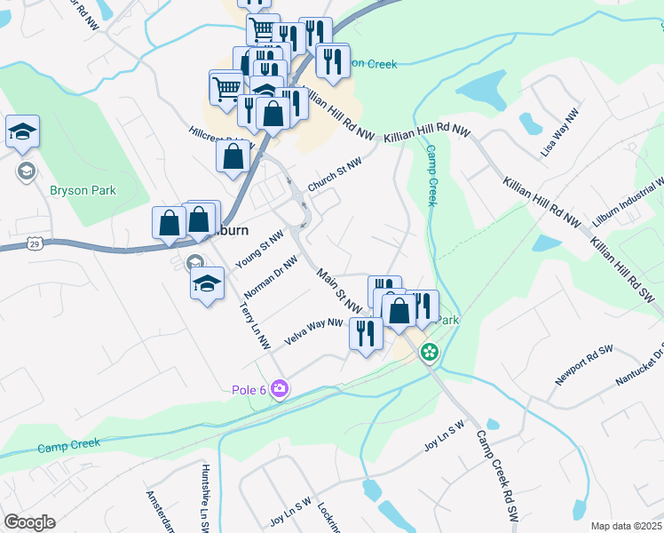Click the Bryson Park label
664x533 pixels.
83,191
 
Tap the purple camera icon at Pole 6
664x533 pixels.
280,389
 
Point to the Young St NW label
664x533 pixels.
259,250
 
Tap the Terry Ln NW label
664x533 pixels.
255,326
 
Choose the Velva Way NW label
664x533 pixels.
313,332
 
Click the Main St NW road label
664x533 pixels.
340,291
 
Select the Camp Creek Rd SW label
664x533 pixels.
495,474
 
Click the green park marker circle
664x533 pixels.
430,352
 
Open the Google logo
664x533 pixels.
29,522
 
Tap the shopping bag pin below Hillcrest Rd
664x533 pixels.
232,157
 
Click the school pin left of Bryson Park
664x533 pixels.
22,133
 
